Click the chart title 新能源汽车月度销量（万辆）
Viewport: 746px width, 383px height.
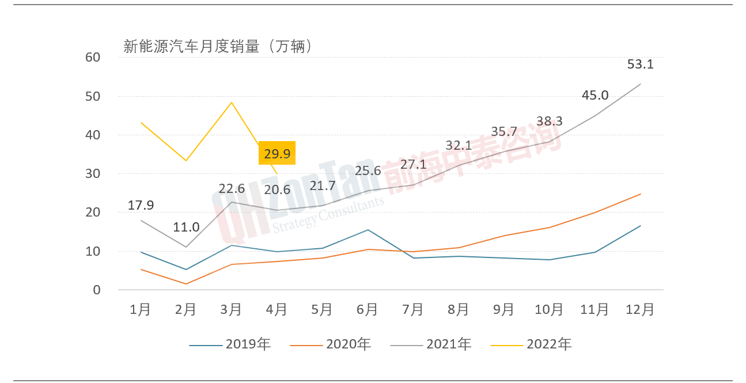(x=218, y=47)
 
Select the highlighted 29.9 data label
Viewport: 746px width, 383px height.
(x=277, y=153)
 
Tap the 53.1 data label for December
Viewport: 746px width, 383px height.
(x=640, y=65)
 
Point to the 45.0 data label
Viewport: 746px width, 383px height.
(x=595, y=95)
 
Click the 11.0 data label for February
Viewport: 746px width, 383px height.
(x=186, y=227)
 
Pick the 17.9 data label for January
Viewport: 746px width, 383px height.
(x=141, y=205)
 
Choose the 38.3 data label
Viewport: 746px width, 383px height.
(x=550, y=122)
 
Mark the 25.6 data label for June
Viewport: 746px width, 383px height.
(x=368, y=170)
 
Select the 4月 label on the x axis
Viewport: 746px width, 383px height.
(x=277, y=309)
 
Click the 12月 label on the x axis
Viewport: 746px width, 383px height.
(x=640, y=309)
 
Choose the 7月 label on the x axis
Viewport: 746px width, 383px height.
(x=413, y=309)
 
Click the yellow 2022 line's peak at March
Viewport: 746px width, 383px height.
(x=232, y=103)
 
